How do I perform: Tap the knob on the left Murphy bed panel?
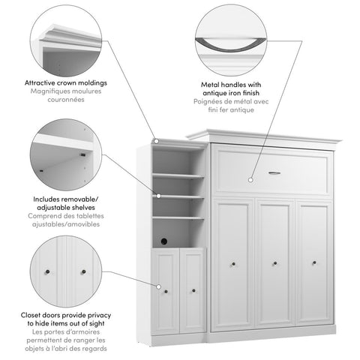click(234, 263)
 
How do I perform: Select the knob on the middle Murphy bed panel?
click(274, 263)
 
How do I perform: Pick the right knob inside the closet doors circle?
click(82, 271)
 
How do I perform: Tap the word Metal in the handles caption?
click(208, 85)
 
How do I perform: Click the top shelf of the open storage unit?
click(178, 175)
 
